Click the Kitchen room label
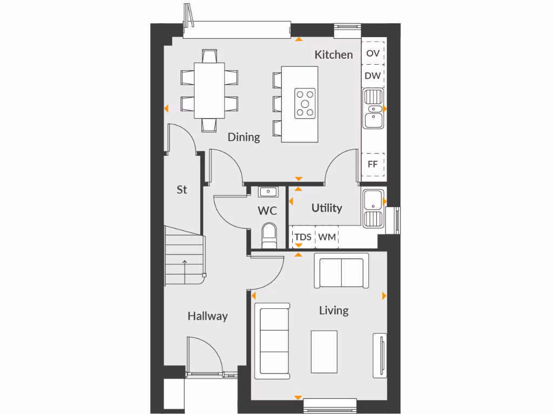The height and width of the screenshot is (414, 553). click(x=334, y=54)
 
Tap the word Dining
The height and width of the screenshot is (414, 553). click(x=244, y=137)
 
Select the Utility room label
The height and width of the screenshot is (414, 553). click(x=327, y=208)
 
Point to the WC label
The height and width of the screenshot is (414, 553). click(x=267, y=211)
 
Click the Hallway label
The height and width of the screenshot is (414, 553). click(x=207, y=316)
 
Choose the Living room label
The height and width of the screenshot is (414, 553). click(x=333, y=310)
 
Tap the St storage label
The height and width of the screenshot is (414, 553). click(x=182, y=190)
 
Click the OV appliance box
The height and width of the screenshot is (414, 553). click(x=373, y=53)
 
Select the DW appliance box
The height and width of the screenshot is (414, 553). click(x=373, y=75)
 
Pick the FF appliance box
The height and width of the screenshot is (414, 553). click(x=373, y=164)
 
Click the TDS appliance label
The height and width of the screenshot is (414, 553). click(x=302, y=237)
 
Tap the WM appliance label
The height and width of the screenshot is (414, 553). click(x=327, y=237)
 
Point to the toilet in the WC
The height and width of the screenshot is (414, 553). click(x=268, y=236)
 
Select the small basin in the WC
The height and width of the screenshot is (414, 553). click(x=268, y=192)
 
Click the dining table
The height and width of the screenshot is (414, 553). click(x=209, y=90)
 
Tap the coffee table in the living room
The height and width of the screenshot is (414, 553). click(x=324, y=351)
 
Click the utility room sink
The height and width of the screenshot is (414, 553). click(x=372, y=208)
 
